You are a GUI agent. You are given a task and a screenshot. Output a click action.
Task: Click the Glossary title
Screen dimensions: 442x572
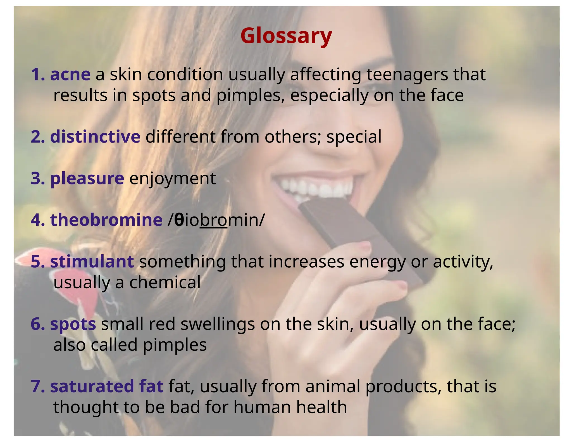point(286,36)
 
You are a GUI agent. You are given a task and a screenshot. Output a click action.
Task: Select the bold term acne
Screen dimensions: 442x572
point(70,75)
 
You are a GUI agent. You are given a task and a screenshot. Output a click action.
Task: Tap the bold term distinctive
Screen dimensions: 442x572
point(95,137)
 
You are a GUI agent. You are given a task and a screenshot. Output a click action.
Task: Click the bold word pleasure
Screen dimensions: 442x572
point(87,179)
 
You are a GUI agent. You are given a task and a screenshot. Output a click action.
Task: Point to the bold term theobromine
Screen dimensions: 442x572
point(106,220)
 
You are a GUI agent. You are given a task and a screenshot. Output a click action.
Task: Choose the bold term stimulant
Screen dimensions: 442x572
point(92,262)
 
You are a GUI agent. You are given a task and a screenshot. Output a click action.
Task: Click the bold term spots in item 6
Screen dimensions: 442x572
point(73,324)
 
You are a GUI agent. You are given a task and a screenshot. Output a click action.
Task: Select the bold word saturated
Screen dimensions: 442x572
point(92,386)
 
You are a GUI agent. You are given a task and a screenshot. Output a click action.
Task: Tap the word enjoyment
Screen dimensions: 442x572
point(173,179)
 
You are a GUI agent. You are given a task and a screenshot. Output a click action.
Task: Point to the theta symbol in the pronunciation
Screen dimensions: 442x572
point(179,220)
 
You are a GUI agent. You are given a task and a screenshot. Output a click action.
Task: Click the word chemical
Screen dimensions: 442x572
point(165,282)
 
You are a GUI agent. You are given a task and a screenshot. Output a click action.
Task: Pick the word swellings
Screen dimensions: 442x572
point(218,324)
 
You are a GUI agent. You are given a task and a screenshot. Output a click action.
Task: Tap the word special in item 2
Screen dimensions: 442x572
point(354,137)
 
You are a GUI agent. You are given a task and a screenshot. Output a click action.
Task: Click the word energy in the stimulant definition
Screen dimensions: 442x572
point(377,262)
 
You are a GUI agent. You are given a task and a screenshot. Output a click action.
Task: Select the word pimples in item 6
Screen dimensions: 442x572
point(175,345)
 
